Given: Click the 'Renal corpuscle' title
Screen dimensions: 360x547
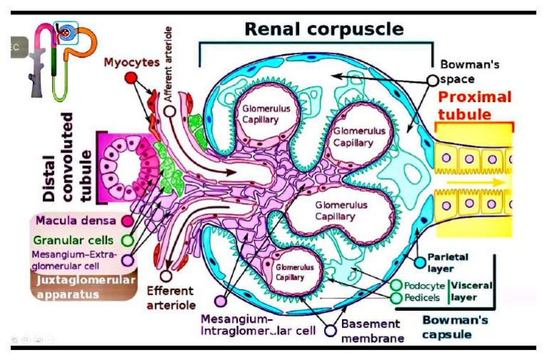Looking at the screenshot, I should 324,29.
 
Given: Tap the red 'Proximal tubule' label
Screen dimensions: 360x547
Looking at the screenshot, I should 474,106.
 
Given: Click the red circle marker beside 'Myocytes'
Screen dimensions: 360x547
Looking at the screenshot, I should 130,76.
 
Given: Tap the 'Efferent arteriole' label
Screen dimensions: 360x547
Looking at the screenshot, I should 170,297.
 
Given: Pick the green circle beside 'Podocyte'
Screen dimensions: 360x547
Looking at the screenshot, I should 397,285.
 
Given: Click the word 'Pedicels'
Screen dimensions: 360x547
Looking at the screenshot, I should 425,297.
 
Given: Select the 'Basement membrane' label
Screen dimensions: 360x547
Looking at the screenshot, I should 373,330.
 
